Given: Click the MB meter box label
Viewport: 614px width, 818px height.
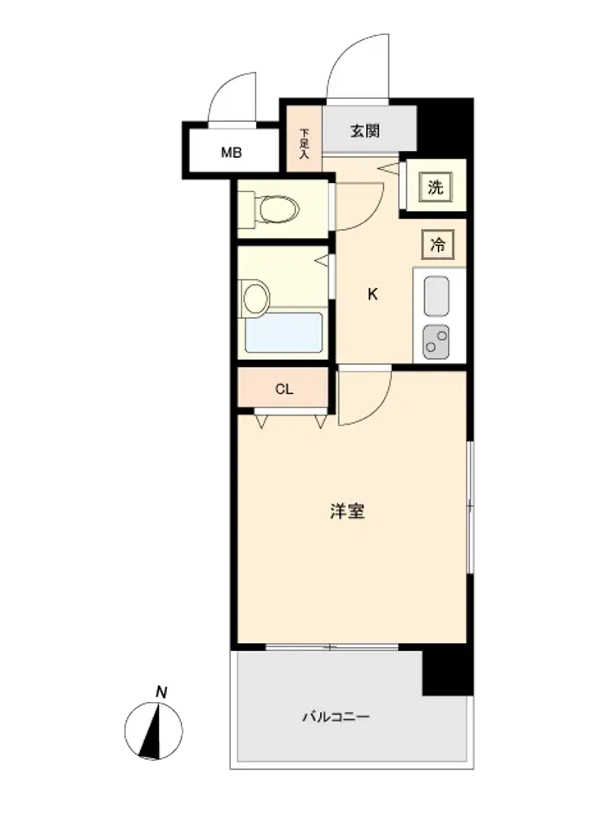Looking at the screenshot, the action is click(x=232, y=153).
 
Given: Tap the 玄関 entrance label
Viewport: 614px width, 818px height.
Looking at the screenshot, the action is click(x=364, y=131).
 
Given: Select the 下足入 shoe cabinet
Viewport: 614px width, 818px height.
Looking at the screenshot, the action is click(x=305, y=139).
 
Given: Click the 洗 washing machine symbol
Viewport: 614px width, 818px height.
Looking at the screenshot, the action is click(x=436, y=187).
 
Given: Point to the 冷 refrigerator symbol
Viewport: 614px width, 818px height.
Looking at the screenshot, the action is click(x=437, y=245).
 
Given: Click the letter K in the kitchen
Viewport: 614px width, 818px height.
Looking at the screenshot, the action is click(x=372, y=294).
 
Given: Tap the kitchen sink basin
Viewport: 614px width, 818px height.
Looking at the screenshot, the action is click(x=436, y=296).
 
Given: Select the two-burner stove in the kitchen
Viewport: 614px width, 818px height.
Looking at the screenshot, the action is click(x=436, y=342).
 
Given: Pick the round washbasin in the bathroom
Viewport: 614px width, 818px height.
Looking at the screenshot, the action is click(x=255, y=298).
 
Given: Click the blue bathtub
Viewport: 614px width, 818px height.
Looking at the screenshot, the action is click(x=285, y=332).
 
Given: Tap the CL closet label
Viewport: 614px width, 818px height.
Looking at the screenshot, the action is click(x=284, y=389).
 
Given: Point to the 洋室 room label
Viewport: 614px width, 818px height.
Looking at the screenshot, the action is click(x=347, y=511).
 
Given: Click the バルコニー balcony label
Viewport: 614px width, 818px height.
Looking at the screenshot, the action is click(x=336, y=717).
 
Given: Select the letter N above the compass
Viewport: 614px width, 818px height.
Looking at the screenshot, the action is click(x=161, y=693).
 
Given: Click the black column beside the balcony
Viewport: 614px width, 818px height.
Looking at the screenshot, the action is click(x=448, y=672).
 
